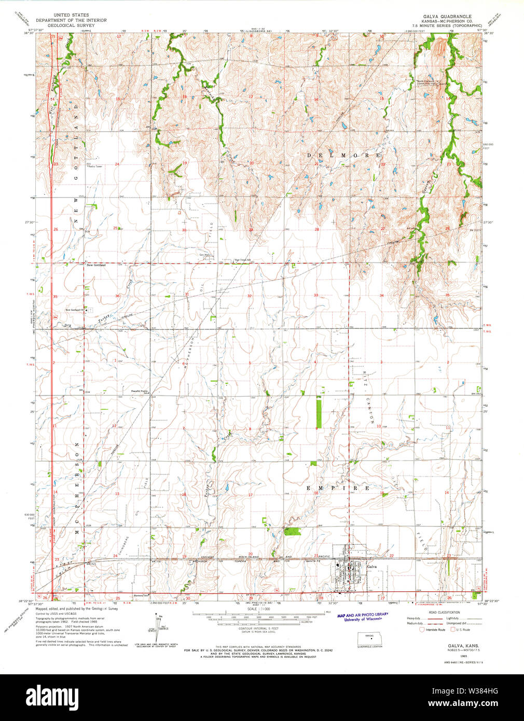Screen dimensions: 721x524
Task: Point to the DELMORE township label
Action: [x=343, y=156]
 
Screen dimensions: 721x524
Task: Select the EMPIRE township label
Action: [x=338, y=488]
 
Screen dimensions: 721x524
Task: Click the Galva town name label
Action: [x=371, y=567]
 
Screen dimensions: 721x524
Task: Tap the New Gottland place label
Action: [x=96, y=265]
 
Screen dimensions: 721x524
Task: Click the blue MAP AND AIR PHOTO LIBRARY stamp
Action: [x=363, y=617]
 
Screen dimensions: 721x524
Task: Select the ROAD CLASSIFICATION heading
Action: [x=442, y=612]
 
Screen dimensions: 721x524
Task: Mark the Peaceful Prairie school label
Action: [x=140, y=392]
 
